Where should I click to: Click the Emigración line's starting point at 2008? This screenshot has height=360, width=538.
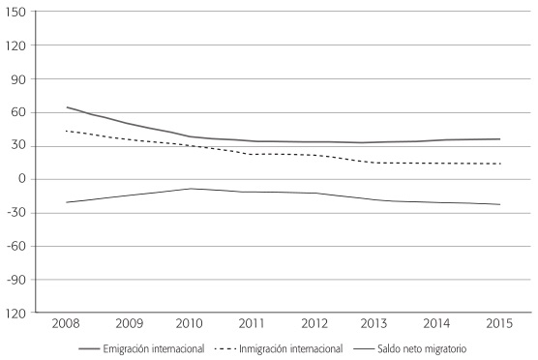(x=66, y=107)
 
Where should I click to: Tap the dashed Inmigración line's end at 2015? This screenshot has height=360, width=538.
(x=499, y=164)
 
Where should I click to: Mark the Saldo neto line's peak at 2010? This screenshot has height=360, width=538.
(x=189, y=189)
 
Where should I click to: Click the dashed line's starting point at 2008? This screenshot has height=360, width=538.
(x=66, y=131)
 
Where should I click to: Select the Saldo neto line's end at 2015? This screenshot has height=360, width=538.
(x=499, y=204)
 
